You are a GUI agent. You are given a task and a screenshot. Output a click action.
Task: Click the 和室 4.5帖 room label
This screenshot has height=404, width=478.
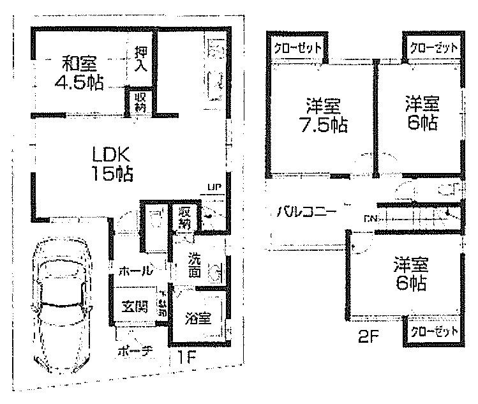(78, 73)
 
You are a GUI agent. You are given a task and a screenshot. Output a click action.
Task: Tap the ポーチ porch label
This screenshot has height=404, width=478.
(135, 351)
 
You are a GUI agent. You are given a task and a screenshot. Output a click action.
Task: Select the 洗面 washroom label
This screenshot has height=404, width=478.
(197, 267)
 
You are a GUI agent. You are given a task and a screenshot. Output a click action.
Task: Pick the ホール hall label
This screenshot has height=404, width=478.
(135, 271)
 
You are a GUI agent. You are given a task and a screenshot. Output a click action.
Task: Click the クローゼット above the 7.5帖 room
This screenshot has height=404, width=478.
(297, 48)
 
